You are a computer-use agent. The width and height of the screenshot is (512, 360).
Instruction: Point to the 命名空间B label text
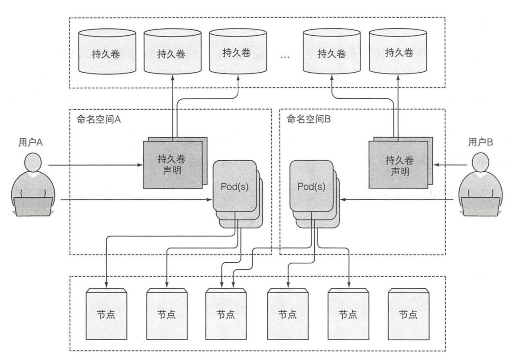pos(309,120)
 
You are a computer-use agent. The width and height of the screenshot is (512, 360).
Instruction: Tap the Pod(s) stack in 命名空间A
pos(235,186)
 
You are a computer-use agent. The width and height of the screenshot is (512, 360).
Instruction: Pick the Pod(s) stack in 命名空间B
pos(311,186)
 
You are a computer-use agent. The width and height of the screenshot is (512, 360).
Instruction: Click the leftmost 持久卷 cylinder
pos(105,53)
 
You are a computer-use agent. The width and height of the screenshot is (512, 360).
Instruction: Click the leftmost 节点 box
pos(105,314)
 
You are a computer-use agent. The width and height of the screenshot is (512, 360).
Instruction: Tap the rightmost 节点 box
pos(408,314)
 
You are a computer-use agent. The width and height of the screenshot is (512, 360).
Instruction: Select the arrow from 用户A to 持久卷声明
pos(95,165)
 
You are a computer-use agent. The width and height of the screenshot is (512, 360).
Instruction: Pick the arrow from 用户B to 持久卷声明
pos(448,165)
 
